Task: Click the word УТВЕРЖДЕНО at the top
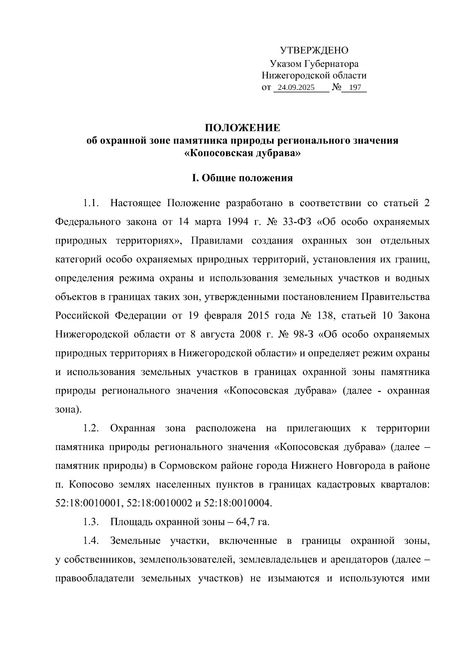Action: tap(314, 50)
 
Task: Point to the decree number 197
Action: tap(355, 87)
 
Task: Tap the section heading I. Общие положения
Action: tap(242, 178)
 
